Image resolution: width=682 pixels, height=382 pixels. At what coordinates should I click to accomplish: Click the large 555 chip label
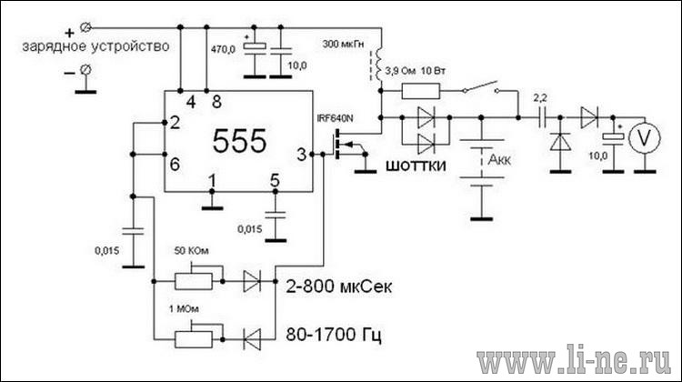coord(239,141)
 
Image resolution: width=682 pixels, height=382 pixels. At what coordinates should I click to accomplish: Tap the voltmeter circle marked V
coord(645,137)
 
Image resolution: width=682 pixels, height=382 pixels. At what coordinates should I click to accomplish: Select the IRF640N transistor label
coord(335,118)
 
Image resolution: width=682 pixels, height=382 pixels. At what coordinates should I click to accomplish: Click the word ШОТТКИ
coord(416,166)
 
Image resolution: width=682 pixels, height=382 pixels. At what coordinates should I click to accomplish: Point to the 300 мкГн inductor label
coord(343,44)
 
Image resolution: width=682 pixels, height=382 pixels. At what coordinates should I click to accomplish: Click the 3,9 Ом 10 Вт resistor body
coord(421,92)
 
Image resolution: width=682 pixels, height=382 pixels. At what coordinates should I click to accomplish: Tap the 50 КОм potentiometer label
coord(191,251)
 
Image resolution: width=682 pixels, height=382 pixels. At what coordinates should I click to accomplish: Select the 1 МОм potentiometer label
coord(184,309)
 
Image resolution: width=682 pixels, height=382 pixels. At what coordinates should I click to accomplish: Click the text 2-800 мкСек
coord(339,286)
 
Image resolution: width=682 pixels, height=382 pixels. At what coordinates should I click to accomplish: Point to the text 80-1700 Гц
coord(334,335)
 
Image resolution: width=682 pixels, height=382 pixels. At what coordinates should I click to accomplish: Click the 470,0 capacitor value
coord(223,50)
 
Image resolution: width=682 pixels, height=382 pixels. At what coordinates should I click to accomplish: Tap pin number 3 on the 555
coord(301,155)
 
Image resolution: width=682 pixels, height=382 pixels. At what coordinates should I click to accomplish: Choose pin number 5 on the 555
coord(275,180)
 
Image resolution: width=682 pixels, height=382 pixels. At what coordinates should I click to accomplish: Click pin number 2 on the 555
coord(175,123)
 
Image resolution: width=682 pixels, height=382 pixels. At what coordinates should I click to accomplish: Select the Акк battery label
coord(499,160)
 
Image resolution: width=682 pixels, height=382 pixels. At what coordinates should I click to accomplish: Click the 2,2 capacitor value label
coord(540,98)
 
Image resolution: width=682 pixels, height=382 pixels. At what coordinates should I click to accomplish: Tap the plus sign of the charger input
coord(70,33)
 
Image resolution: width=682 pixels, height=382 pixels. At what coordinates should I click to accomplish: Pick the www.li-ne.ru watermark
coord(574,359)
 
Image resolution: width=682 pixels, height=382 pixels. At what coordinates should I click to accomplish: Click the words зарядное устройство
coord(95,46)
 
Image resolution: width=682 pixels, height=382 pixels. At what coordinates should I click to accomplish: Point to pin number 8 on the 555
coord(216,102)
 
